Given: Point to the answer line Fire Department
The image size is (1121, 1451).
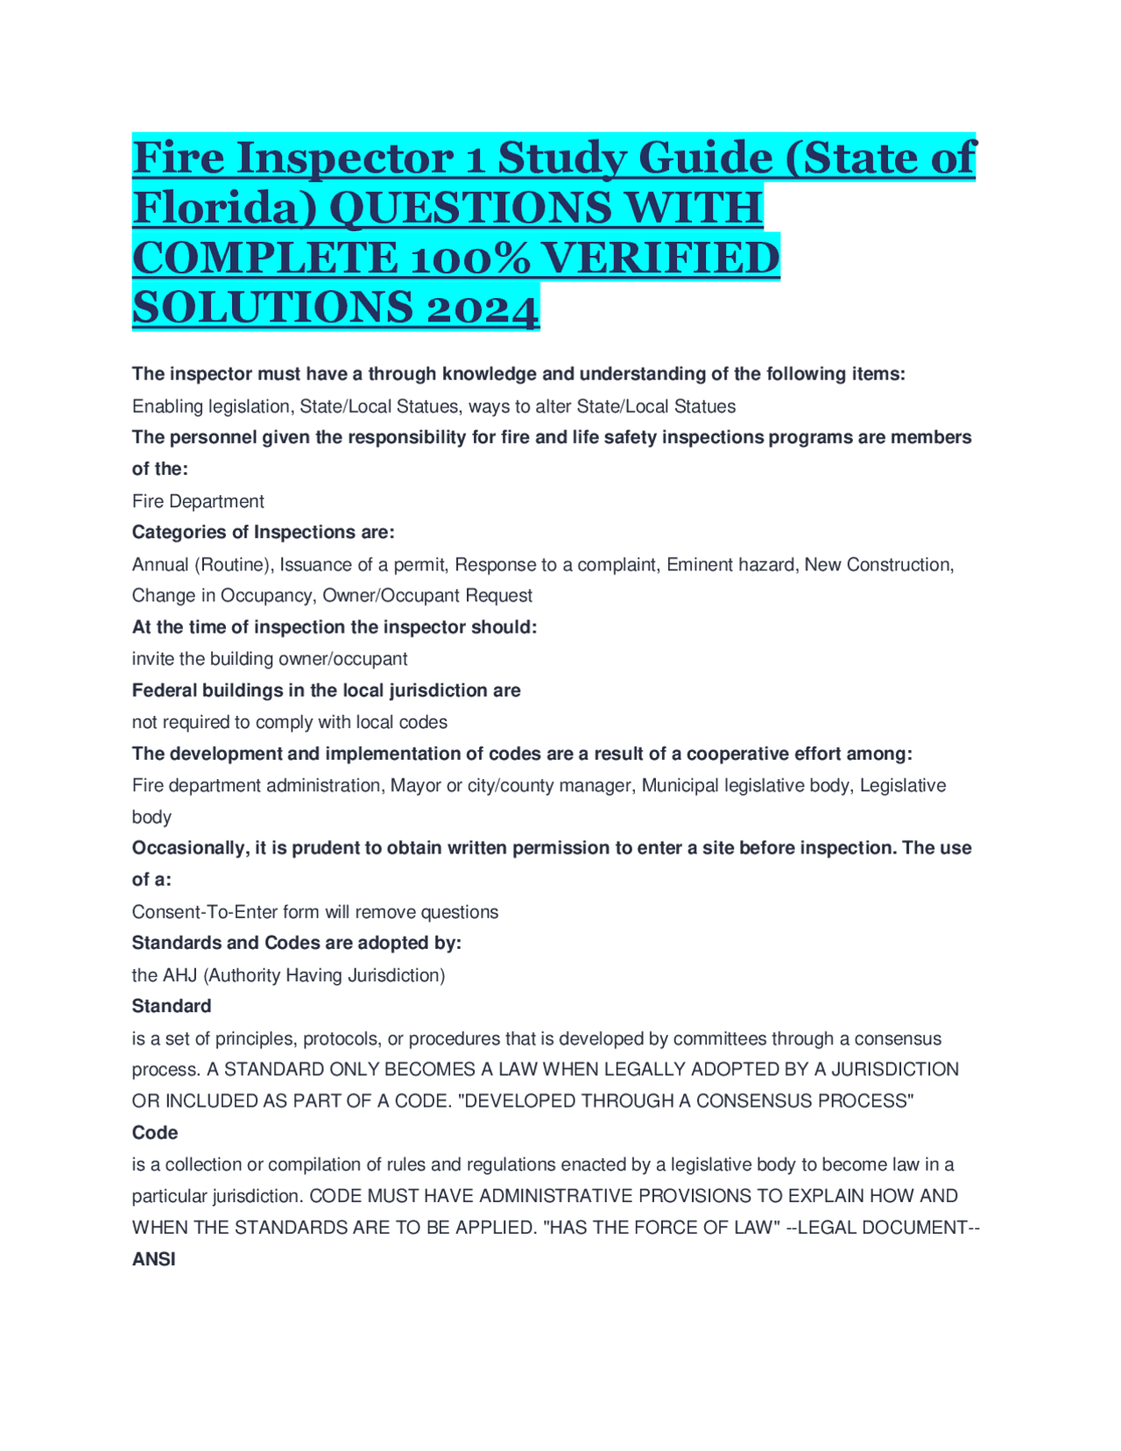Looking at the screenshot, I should click(x=198, y=501).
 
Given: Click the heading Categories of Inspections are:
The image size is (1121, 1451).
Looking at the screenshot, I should click(x=263, y=532).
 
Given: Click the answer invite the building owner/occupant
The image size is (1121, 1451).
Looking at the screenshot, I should click(x=269, y=659).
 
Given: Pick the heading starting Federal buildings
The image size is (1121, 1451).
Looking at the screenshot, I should click(x=326, y=690).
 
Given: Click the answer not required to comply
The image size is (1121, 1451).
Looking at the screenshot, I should click(x=289, y=722).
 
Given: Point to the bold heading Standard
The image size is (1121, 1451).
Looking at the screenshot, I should click(x=172, y=1006).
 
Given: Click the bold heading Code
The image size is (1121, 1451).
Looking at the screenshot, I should click(x=155, y=1133).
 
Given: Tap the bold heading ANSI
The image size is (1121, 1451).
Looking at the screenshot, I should click(x=154, y=1259).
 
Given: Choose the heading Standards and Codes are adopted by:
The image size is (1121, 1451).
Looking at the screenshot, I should click(x=296, y=943).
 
